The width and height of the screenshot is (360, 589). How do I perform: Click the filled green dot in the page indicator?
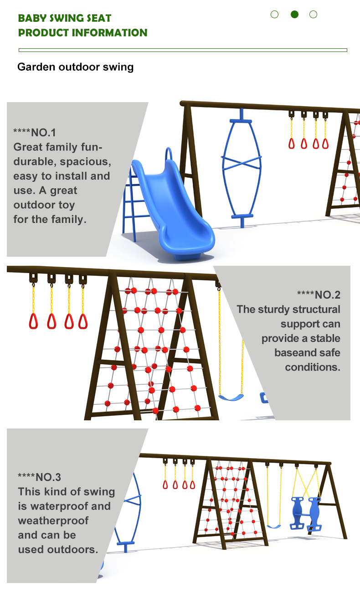pos(294,14)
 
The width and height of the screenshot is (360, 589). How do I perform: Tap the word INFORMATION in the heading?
pos(109,33)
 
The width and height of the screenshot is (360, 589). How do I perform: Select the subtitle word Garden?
pos(36,67)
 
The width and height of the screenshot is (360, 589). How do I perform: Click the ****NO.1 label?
pos(35,133)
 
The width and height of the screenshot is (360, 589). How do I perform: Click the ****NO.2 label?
pos(319,295)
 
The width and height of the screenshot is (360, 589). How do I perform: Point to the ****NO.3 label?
pos(39,477)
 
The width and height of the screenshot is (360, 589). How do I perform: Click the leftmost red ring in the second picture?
pos(33,321)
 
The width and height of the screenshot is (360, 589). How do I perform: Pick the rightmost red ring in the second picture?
pos(83,321)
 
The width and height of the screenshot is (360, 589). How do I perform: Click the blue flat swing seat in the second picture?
pos(231,398)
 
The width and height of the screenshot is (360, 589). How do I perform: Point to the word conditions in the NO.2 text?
pos(313,367)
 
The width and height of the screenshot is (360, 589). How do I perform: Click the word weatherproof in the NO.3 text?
pos(53,521)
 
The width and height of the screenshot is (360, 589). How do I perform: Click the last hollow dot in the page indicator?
pos(313,14)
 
